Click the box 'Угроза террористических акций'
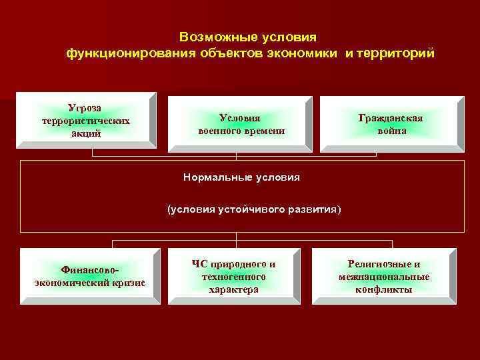(x=86, y=120)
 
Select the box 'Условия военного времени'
(x=240, y=123)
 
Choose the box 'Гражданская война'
(x=391, y=123)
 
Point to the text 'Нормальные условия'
(x=241, y=177)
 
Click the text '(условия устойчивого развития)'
(x=253, y=209)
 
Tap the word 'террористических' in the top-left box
(x=85, y=121)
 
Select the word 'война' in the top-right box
(x=391, y=131)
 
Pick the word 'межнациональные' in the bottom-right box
(x=384, y=277)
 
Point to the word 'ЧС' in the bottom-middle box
(x=198, y=263)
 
